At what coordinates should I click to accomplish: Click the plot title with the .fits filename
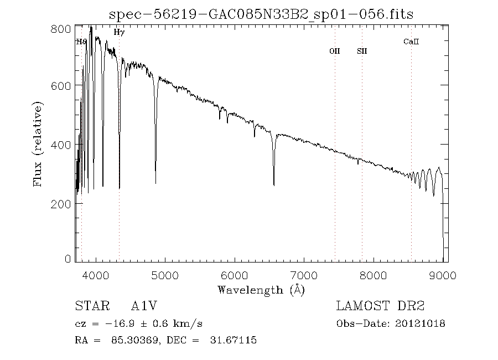point(261,14)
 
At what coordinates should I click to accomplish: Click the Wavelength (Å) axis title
point(261,290)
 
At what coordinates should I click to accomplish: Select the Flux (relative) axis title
point(38,144)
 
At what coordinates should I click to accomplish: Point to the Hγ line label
point(119,33)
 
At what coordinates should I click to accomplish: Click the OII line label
point(335,52)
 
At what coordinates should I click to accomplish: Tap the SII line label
point(362,52)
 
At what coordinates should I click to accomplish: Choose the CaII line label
point(411,42)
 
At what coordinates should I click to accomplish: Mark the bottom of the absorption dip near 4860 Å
point(155,183)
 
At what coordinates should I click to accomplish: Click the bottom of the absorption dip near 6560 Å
point(274,185)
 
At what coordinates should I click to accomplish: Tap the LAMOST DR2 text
point(380,306)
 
